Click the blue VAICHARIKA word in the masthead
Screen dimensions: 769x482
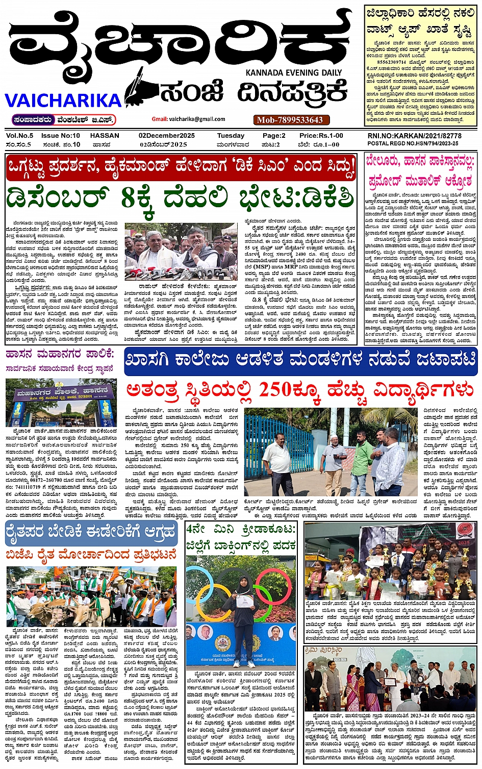click(63, 100)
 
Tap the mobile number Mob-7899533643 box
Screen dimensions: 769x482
click(290, 120)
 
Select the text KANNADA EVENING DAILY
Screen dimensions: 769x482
click(293, 72)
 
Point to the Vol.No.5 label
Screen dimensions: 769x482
click(20, 136)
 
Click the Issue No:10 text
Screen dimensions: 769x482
click(61, 136)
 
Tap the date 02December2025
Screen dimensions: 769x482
click(167, 136)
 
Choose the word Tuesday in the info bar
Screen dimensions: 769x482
click(231, 136)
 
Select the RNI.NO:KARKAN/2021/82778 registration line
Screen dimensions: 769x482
click(414, 136)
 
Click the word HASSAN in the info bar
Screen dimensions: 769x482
click(105, 136)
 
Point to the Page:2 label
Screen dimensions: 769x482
click(274, 136)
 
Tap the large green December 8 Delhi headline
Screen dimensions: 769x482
click(180, 197)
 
